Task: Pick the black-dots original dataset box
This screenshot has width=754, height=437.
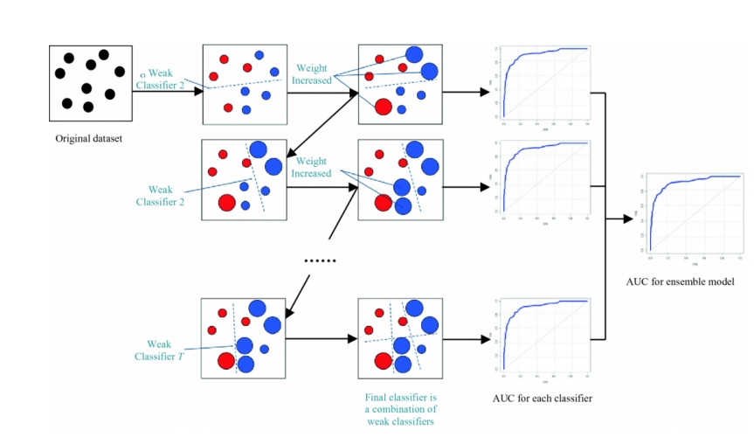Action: point(90,84)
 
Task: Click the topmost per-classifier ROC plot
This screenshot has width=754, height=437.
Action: point(542,84)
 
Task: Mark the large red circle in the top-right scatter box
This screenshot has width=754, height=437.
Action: point(383,108)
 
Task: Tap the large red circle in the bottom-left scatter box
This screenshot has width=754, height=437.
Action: point(226,362)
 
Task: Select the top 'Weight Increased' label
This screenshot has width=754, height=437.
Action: point(314,74)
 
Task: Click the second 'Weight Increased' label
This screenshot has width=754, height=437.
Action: point(314,167)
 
